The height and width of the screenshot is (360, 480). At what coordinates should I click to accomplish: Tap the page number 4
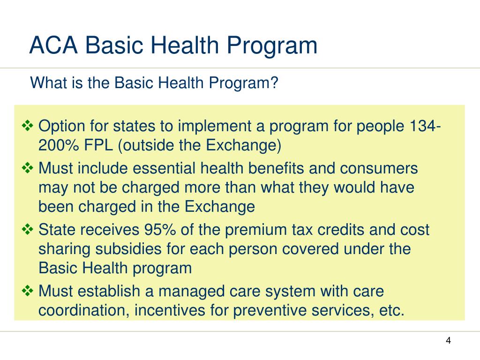[448, 340]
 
